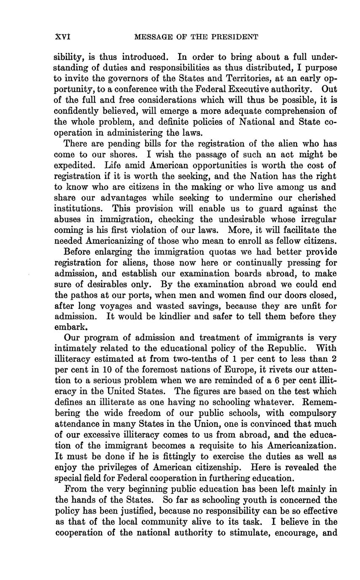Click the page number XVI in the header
[63, 37]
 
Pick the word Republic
[288, 348]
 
